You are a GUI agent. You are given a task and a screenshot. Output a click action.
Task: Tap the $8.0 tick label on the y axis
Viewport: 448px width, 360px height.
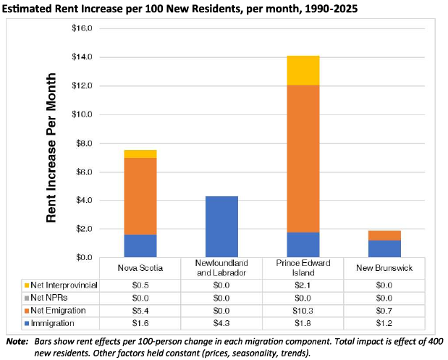click(x=85, y=143)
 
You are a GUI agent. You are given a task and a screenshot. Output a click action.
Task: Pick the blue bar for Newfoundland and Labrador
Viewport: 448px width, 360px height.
click(x=221, y=227)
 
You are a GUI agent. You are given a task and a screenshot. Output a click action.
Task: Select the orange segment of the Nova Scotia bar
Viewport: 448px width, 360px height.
click(x=140, y=196)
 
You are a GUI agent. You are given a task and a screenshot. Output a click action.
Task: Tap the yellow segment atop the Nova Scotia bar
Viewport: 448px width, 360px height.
click(x=140, y=154)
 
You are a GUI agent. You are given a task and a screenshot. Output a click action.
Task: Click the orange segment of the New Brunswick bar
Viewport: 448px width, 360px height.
click(x=385, y=235)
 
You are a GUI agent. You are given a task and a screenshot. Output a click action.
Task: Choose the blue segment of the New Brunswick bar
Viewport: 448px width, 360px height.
click(x=385, y=248)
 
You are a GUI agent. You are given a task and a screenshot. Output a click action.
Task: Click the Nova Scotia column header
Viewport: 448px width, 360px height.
click(x=140, y=267)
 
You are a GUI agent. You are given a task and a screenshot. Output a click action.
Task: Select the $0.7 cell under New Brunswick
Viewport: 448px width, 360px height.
click(x=385, y=311)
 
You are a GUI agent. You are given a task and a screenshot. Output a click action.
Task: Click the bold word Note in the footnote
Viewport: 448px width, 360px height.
click(x=16, y=340)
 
